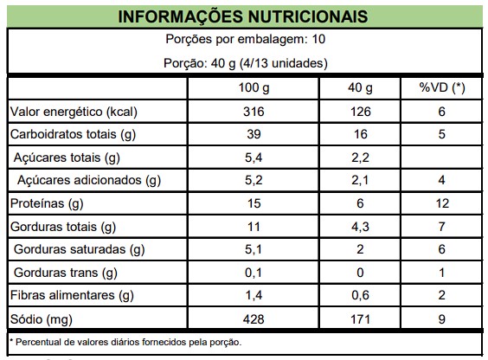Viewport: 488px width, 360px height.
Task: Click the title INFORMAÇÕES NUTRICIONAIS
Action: pos(243,16)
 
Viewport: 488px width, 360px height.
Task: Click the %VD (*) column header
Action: pos(442,88)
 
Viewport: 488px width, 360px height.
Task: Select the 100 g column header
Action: pos(254,88)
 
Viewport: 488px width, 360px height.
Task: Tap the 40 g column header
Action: pos(360,88)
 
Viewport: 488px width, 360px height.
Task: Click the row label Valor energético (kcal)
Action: pos(74,112)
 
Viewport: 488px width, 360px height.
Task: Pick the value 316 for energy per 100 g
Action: pos(254,112)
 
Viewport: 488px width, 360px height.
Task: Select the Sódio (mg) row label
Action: pos(41,319)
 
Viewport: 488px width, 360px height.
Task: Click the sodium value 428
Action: pos(254,319)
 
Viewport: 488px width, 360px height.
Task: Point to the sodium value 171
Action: pos(360,319)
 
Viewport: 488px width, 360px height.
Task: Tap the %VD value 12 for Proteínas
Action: pos(442,203)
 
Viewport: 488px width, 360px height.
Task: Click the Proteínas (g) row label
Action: pos(47,204)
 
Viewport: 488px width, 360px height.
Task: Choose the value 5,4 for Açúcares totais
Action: pos(254,157)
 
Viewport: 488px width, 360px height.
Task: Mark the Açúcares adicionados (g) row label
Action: pos(89,181)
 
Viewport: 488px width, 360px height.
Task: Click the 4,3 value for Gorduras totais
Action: pos(360,227)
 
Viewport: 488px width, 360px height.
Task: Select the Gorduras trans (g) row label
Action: pos(66,273)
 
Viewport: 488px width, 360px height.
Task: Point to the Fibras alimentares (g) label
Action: pos(72,296)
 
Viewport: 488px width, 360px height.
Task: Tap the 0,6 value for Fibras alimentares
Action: pos(360,296)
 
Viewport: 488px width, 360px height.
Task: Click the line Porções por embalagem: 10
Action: pos(245,39)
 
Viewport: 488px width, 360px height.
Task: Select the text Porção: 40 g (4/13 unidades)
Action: pos(246,63)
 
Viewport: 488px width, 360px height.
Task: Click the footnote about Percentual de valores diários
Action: pos(125,343)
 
